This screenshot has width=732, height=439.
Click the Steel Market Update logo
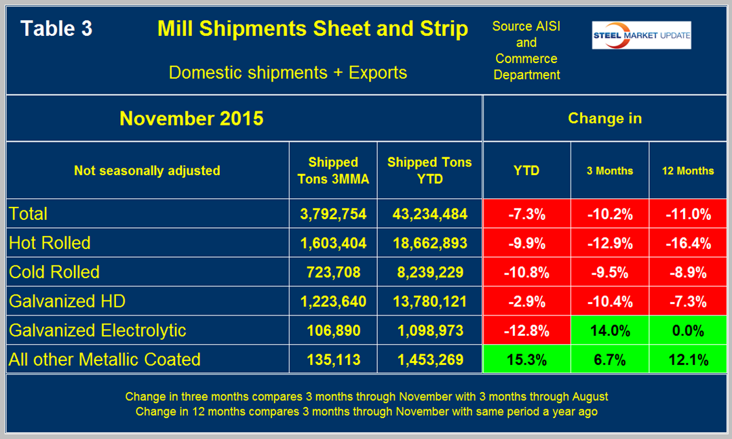tap(641, 35)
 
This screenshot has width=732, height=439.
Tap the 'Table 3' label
tap(56, 28)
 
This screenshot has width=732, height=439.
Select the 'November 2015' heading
tap(191, 119)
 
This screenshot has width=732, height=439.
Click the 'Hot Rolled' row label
tap(50, 243)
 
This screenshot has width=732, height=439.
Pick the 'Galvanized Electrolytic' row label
tap(98, 330)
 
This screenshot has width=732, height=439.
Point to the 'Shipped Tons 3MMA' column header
tap(333, 170)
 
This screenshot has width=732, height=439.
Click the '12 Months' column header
tap(688, 170)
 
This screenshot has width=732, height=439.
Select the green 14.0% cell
tap(609, 330)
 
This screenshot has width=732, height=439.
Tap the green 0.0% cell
tap(688, 330)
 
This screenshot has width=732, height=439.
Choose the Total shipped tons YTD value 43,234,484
tap(429, 214)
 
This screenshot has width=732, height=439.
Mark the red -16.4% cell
tap(688, 243)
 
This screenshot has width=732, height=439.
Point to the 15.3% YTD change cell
tap(526, 360)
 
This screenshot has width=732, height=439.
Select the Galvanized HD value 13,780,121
tap(429, 301)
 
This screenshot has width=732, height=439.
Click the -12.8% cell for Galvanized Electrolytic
tap(526, 330)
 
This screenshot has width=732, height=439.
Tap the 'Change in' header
tap(604, 119)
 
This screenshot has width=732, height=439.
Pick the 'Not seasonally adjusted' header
tap(147, 170)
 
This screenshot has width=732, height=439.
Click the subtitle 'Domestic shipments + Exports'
tap(288, 73)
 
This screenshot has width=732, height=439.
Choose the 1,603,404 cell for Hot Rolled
tap(333, 243)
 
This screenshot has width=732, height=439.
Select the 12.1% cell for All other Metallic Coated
tap(688, 360)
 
